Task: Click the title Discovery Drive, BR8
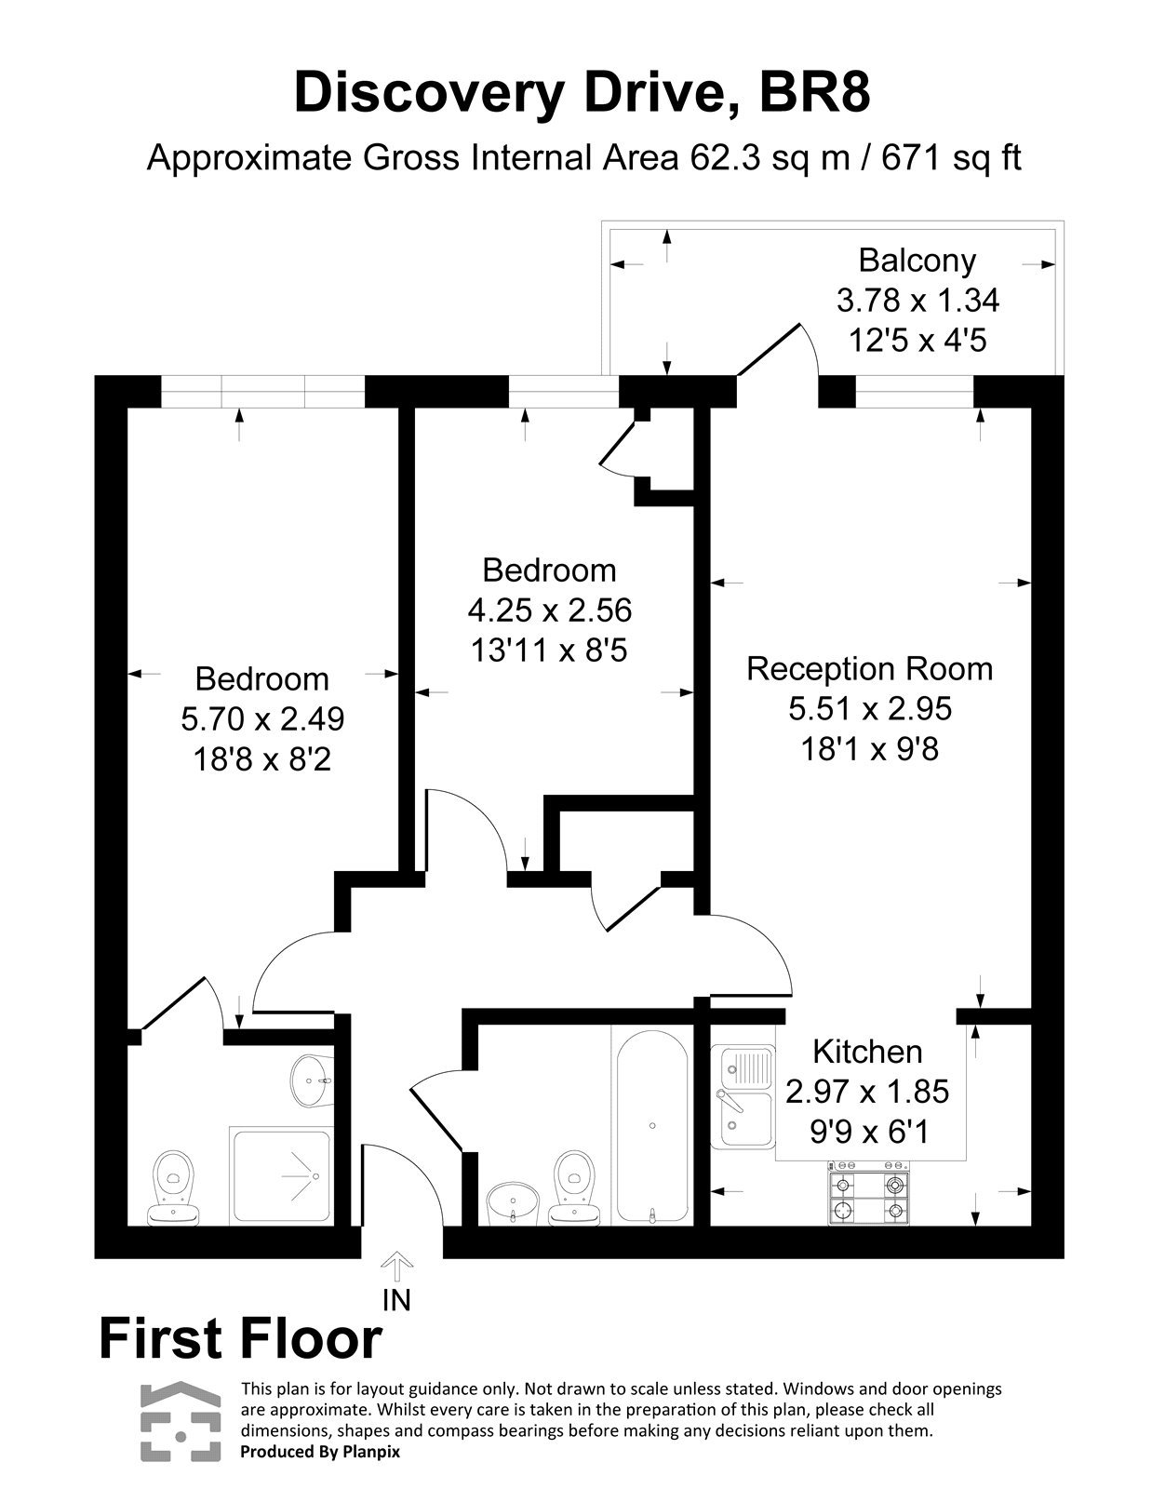(x=582, y=93)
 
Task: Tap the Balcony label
(x=917, y=261)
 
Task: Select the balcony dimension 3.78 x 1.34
(x=917, y=301)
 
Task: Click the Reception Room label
(x=870, y=669)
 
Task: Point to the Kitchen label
(x=867, y=1052)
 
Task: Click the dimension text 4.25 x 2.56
(x=549, y=610)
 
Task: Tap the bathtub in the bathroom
(x=651, y=1124)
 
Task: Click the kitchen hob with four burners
(x=869, y=1196)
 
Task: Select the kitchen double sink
(x=743, y=1096)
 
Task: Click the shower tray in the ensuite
(x=280, y=1176)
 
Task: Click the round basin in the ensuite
(x=309, y=1080)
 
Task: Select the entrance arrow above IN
(x=397, y=1267)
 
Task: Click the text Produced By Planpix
(x=319, y=1452)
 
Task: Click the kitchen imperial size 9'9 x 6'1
(x=867, y=1132)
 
